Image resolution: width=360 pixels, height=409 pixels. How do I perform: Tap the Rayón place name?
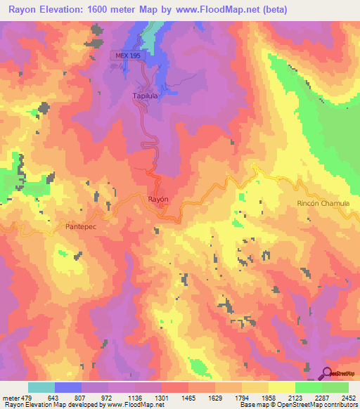[x=160, y=199]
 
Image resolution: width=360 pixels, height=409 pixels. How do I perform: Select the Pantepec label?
[x=81, y=227]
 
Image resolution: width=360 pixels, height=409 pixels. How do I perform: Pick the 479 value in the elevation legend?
[x=28, y=398]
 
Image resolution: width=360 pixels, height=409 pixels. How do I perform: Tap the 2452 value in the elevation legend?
[x=348, y=398]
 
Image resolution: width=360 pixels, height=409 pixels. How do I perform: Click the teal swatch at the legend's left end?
[x=41, y=387]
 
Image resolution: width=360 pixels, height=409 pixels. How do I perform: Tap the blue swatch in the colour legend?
[x=68, y=387]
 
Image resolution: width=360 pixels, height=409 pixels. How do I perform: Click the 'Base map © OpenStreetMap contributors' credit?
[x=304, y=405]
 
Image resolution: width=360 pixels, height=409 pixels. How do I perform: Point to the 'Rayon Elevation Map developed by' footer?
[x=49, y=405]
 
